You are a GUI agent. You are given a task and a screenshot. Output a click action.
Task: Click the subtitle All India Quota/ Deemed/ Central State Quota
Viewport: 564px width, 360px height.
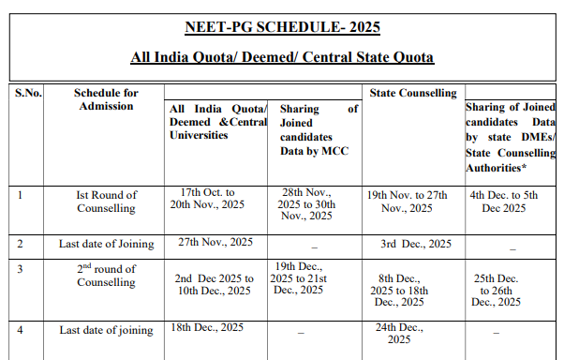click(282, 58)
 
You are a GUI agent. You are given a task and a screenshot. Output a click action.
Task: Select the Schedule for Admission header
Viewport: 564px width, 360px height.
click(106, 99)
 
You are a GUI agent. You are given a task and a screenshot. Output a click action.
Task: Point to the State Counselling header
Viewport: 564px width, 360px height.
click(413, 93)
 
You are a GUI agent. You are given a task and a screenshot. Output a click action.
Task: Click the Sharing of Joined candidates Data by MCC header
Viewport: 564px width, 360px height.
click(319, 129)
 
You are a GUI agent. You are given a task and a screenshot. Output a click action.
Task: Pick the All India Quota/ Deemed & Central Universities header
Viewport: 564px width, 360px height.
click(217, 122)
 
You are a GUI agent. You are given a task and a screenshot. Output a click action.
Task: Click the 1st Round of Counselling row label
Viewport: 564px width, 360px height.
click(106, 202)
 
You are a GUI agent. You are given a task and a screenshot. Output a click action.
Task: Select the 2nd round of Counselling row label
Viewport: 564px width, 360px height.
click(106, 276)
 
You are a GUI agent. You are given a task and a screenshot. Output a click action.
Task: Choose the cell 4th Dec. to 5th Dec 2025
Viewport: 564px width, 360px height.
click(512, 202)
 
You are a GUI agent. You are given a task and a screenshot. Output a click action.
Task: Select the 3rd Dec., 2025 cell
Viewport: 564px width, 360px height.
click(416, 244)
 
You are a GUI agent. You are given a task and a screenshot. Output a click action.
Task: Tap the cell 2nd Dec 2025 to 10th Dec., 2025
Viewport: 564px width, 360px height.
click(215, 285)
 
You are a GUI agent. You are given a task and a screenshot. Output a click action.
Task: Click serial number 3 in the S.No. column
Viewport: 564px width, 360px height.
click(21, 268)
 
